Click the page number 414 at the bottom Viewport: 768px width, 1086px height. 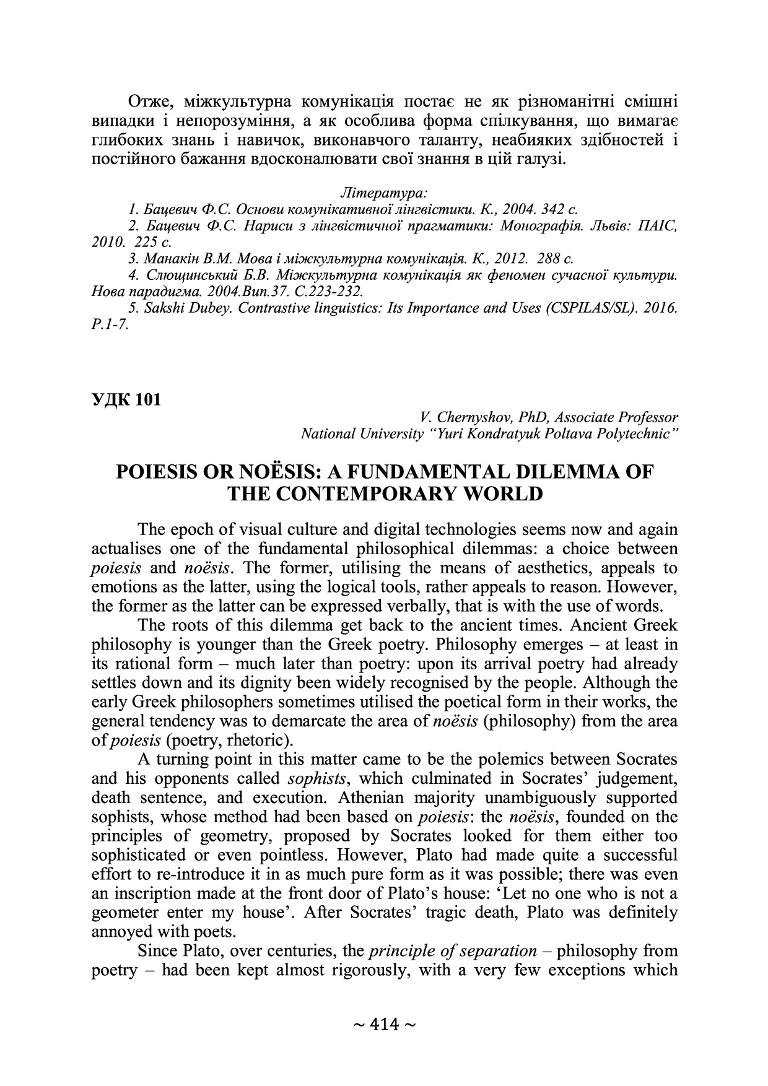[x=384, y=1025]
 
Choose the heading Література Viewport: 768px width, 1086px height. [x=385, y=192]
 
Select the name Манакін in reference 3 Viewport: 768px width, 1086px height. [x=172, y=258]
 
